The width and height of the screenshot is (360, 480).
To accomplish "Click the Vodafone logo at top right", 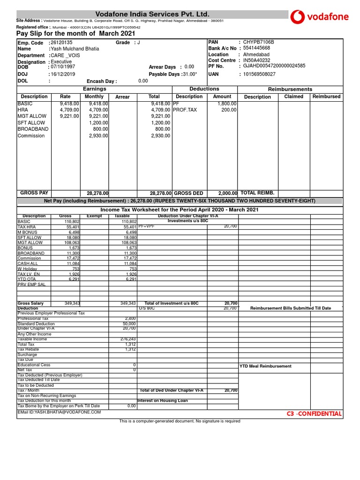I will [320, 17].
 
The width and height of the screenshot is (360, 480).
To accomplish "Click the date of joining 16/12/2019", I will [62, 74].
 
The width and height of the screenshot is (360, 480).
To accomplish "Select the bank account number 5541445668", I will [256, 48].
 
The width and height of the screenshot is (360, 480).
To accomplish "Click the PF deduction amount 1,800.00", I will [227, 103].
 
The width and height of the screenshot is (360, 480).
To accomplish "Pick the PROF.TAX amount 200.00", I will [229, 110].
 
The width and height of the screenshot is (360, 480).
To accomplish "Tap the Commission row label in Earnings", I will [31, 136].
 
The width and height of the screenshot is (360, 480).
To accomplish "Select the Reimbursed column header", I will [326, 97].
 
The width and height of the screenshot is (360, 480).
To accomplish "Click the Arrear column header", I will [122, 97].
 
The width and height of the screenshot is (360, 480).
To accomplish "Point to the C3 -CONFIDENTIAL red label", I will [314, 414].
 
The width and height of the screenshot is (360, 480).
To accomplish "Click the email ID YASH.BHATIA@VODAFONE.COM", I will [59, 412].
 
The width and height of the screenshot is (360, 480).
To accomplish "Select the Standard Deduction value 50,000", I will [129, 324].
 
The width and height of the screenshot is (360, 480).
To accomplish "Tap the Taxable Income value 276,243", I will [128, 339].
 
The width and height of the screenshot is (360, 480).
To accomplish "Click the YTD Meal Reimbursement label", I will [265, 366].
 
